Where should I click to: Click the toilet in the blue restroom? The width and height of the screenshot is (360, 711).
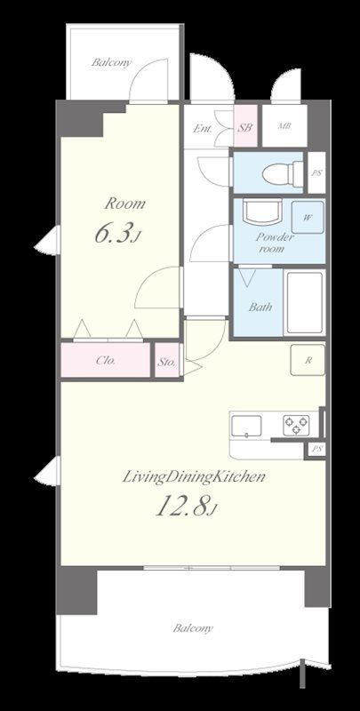pos(283,173)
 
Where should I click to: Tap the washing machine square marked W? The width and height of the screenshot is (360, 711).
pos(308,217)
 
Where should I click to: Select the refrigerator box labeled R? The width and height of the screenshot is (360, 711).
pos(308,360)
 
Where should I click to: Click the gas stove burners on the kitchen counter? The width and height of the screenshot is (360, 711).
pos(296,426)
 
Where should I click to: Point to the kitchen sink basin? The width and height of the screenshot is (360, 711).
pos(246,426)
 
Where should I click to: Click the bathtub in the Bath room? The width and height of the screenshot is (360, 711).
pos(305,302)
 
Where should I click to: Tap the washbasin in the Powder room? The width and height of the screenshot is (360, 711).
pos(261,212)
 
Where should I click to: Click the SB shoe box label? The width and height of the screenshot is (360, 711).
pos(245,127)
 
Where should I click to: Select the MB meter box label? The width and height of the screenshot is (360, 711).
pos(284,126)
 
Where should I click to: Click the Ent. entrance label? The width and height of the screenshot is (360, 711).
pos(203,129)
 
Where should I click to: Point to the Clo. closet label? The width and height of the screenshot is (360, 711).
pos(106,361)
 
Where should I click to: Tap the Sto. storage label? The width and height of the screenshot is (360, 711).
pos(167,362)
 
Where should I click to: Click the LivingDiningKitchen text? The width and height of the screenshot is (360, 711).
pos(194,476)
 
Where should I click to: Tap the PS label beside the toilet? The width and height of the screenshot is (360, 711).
pos(316,172)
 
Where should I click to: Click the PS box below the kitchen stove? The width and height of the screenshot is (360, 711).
pos(316,450)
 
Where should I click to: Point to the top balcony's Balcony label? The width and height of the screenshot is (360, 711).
pos(111,62)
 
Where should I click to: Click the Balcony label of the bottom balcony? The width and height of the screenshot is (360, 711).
pos(193,628)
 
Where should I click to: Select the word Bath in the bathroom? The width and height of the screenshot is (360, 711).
pos(260,307)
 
